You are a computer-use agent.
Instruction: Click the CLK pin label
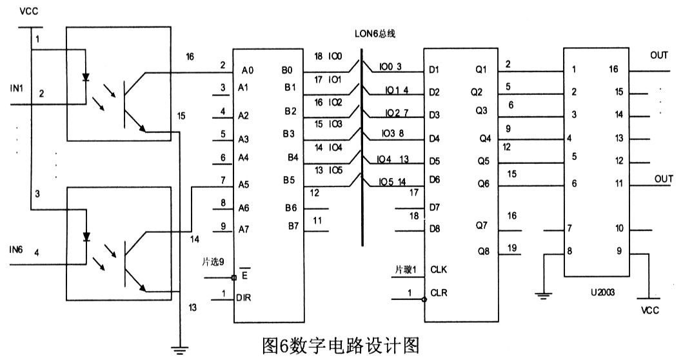click(439, 270)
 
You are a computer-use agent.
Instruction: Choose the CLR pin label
click(439, 293)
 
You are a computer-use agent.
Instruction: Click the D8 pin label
click(435, 228)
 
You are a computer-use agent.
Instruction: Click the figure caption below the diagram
click(341, 346)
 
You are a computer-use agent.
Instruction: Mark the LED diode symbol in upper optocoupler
click(86, 78)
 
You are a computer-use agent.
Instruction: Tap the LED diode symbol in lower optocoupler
click(86, 237)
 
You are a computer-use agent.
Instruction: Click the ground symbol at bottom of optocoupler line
click(179, 350)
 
